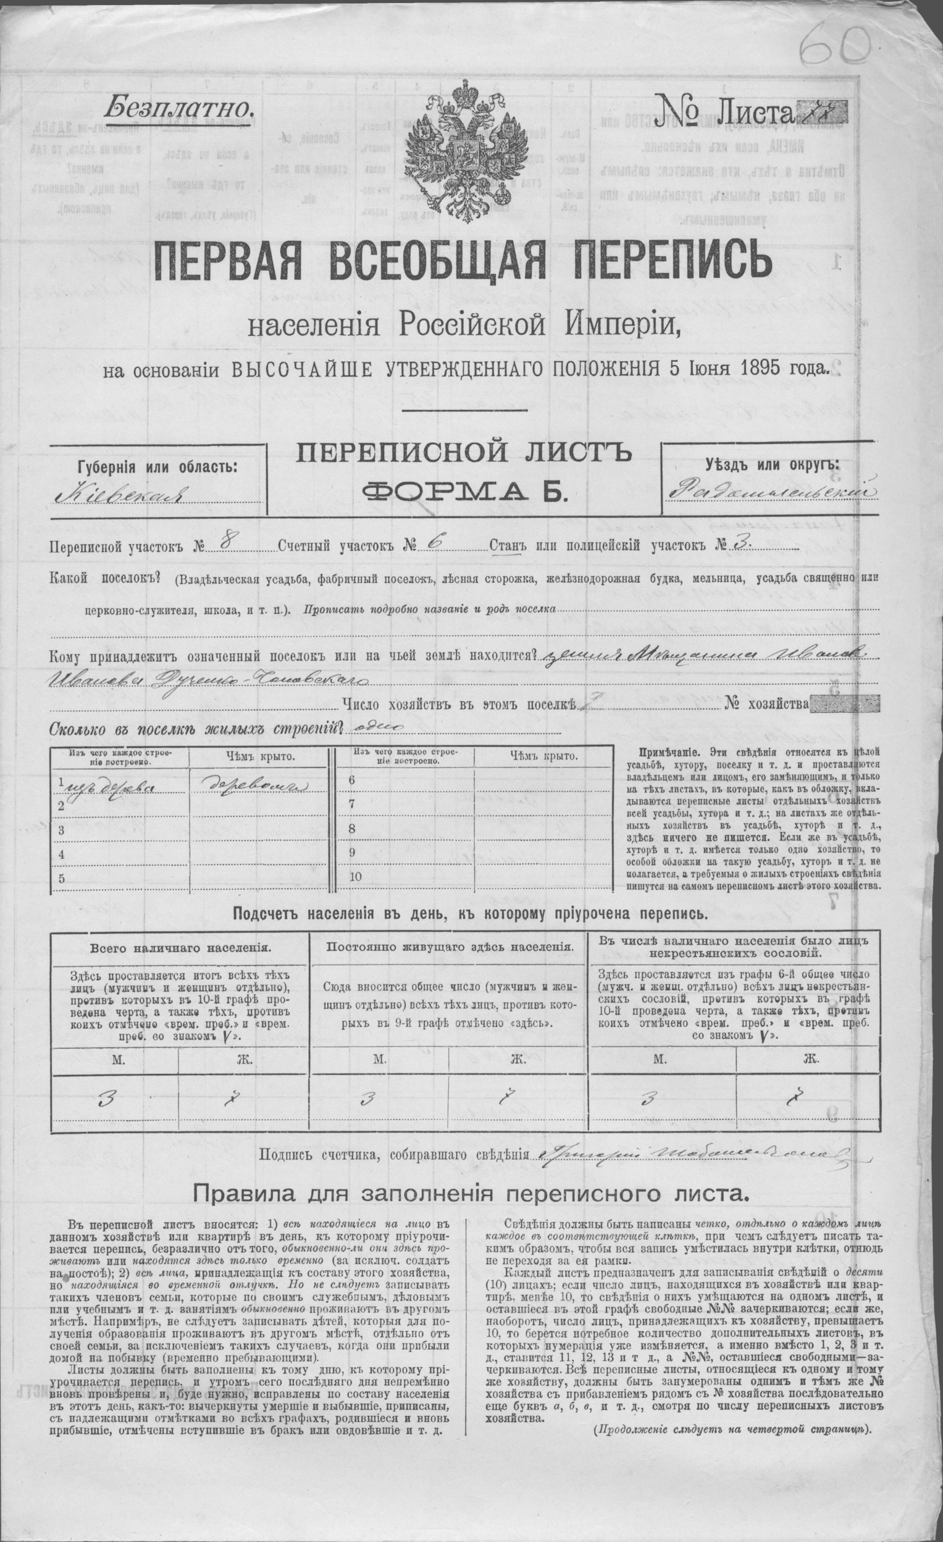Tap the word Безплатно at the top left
click(x=180, y=108)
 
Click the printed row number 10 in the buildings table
click(x=356, y=877)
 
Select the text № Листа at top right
click(x=723, y=112)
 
